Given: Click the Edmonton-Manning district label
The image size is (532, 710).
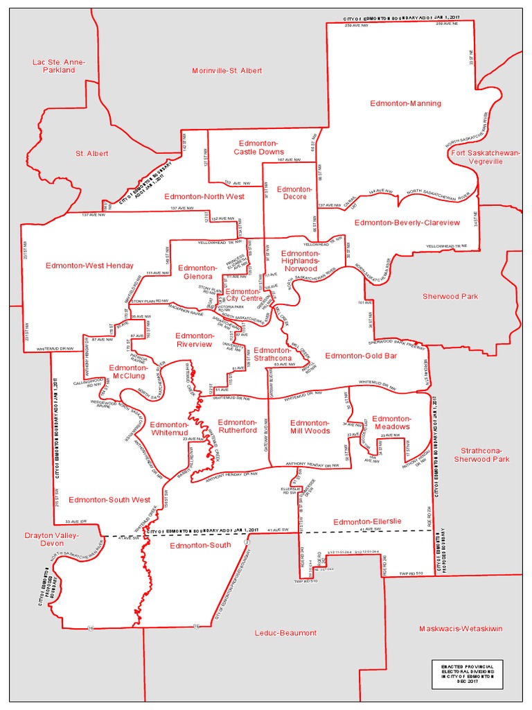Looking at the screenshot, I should click(405, 103).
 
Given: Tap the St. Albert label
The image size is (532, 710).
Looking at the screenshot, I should click(92, 153).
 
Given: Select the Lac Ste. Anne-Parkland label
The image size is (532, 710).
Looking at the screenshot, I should click(59, 66).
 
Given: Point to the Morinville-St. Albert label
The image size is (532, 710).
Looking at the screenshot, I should click(227, 71).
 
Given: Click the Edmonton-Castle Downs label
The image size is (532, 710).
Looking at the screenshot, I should click(258, 147).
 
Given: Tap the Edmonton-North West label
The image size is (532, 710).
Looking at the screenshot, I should click(204, 196).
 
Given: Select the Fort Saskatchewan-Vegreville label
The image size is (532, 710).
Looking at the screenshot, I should click(485, 157).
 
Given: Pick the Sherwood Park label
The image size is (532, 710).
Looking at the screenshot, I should click(450, 296).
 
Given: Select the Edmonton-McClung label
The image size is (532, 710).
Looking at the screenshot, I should click(127, 371).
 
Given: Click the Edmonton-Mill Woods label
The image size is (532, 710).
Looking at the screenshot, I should click(309, 426).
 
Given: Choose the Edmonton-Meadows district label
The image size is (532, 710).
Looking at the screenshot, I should click(391, 422).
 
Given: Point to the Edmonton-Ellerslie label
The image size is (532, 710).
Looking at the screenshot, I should click(367, 521).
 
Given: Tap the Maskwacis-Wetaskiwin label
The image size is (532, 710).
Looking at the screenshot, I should click(460, 629).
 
